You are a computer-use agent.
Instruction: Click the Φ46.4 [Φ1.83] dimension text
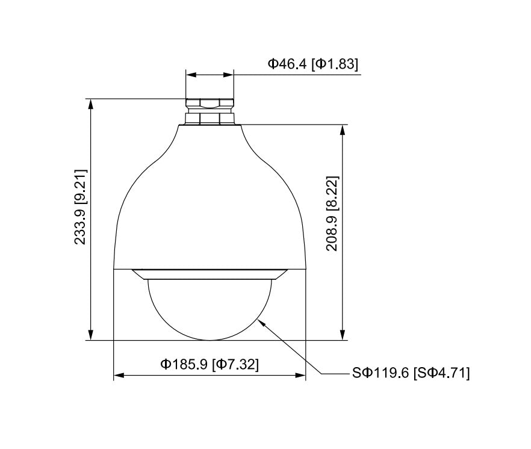pos(312,64)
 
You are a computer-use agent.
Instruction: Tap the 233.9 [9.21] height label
pos(81,207)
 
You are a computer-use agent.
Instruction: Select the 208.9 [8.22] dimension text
pos(332,213)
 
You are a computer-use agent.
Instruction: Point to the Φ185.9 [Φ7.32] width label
pos(210,364)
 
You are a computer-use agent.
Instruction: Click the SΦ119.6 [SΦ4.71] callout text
pos(411,373)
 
